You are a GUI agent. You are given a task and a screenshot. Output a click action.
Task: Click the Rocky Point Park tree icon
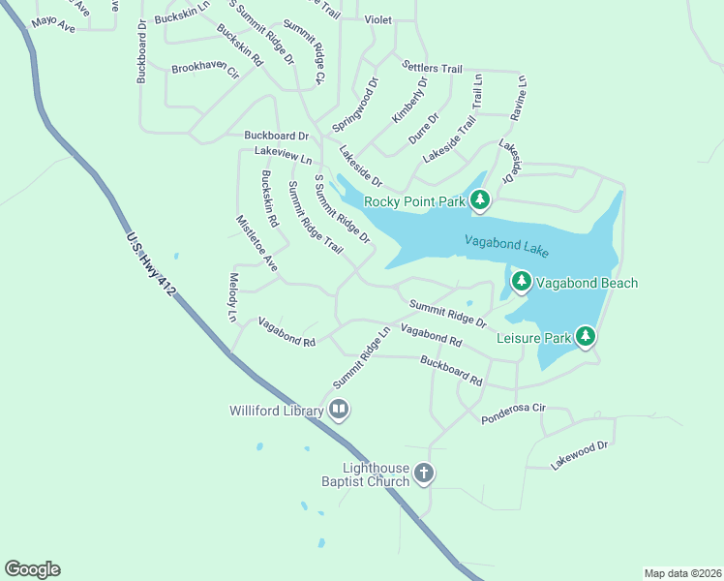click(480, 201)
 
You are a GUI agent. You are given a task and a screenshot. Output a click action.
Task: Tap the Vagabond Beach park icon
click(522, 283)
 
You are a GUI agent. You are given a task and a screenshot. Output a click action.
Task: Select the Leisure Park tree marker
click(586, 337)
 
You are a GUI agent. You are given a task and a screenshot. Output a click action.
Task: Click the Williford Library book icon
click(339, 411)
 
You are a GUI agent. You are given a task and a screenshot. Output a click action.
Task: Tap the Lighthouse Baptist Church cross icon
click(423, 474)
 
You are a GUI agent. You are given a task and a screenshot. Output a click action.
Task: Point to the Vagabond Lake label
click(506, 246)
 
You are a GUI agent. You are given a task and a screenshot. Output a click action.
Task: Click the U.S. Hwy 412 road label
click(149, 264)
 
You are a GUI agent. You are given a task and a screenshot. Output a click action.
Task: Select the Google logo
click(32, 569)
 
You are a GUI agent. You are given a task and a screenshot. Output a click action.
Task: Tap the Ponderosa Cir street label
click(513, 413)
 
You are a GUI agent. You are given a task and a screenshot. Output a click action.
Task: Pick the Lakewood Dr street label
click(579, 455)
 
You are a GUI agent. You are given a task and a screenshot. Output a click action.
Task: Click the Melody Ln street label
click(232, 296)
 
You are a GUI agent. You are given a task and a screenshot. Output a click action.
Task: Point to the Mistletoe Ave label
click(256, 242)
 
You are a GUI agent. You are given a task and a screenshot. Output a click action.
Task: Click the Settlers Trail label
click(432, 67)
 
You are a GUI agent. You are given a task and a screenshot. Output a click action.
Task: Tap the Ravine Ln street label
click(520, 97)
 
